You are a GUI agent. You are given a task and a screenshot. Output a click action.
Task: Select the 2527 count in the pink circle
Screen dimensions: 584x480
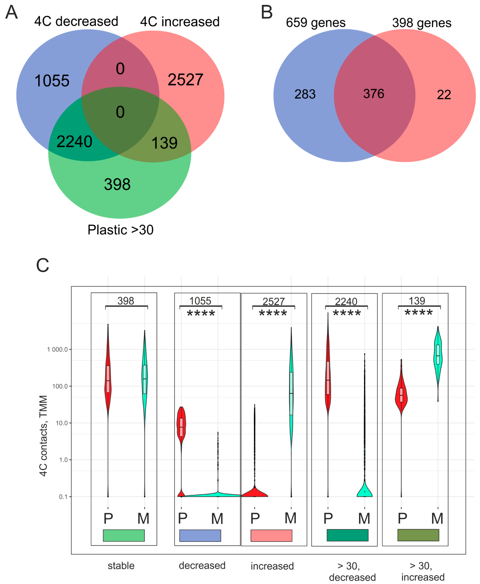185,80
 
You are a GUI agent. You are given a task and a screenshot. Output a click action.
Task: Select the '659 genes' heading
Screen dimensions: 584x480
315,23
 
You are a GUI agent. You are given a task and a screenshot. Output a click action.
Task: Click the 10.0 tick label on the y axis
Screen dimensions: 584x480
62,423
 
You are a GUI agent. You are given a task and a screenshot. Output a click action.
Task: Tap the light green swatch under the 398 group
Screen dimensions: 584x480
124,535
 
